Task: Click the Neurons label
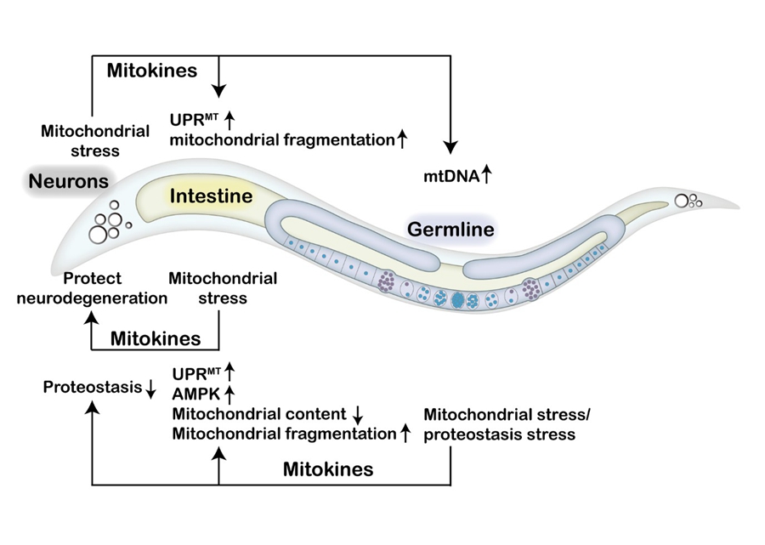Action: [x=68, y=180]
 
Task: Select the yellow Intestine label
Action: [x=211, y=196]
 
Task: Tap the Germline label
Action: [x=450, y=230]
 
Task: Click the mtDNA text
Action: [x=450, y=177]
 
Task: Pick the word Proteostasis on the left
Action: [x=92, y=389]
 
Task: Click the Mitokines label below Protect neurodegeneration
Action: [x=156, y=338]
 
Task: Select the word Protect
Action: [x=93, y=278]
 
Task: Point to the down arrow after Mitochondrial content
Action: [x=358, y=415]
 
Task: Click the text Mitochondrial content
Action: [x=259, y=414]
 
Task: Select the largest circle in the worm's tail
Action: [x=682, y=202]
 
